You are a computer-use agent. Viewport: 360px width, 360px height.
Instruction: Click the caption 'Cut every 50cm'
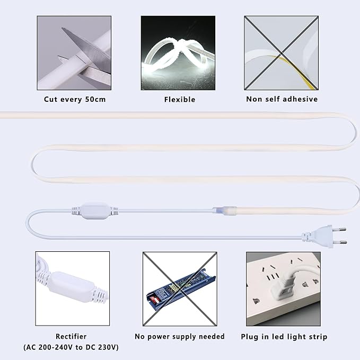click(x=75, y=100)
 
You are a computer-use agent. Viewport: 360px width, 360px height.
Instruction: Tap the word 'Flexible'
click(x=180, y=100)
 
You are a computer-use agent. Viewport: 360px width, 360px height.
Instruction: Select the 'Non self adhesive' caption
click(x=282, y=99)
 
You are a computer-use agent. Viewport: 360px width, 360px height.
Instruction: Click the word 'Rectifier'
click(x=71, y=336)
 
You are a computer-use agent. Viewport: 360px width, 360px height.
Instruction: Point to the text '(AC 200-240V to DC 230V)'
click(x=71, y=347)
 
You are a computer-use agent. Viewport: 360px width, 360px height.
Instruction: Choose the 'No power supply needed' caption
click(x=180, y=337)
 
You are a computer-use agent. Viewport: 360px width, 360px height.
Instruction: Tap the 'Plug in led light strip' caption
click(x=284, y=337)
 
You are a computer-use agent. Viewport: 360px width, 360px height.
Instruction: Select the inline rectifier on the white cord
click(x=94, y=211)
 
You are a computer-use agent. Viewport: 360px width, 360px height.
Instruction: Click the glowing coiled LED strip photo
click(x=178, y=53)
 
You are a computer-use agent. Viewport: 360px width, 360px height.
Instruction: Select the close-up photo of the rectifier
click(x=73, y=288)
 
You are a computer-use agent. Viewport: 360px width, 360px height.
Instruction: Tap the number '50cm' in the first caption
click(x=95, y=100)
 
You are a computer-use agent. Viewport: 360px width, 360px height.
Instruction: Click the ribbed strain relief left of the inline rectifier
click(x=76, y=211)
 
